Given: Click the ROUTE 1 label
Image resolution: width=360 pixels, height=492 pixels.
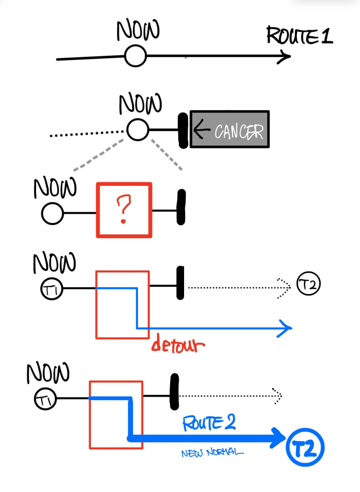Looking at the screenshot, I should (x=299, y=36).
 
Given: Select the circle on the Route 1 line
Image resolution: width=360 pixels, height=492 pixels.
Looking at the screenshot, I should (x=136, y=57).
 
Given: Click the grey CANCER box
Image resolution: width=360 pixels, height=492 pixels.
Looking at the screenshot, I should (x=230, y=129).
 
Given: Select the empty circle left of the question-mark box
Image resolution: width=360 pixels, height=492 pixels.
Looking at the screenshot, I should (x=52, y=213).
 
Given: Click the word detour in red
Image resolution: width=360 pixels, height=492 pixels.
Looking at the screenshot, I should (x=178, y=344).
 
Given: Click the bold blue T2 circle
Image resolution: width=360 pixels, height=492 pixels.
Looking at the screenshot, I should (x=305, y=448).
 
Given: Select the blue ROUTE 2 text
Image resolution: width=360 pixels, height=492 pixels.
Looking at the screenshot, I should (x=209, y=423).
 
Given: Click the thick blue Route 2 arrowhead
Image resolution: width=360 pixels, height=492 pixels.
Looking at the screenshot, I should (x=279, y=437).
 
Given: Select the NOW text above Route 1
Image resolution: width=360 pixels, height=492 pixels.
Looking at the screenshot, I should (x=138, y=31).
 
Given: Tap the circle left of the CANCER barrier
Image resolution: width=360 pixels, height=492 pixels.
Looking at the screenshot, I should (x=138, y=129).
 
